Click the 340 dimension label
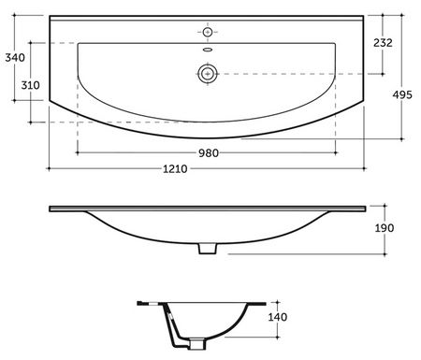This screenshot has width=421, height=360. point(15,58)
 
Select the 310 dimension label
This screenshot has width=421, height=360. point(30,85)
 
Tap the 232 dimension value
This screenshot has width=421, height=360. point(383,43)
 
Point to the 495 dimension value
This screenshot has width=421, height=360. point(402,94)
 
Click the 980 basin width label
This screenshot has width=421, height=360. point(209,153)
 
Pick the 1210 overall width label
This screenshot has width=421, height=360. point(175,169)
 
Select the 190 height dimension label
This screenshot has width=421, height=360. point(385,228)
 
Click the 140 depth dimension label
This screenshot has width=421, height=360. point(278,317)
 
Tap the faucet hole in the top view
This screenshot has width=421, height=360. point(208,32)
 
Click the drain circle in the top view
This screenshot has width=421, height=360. point(208,74)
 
